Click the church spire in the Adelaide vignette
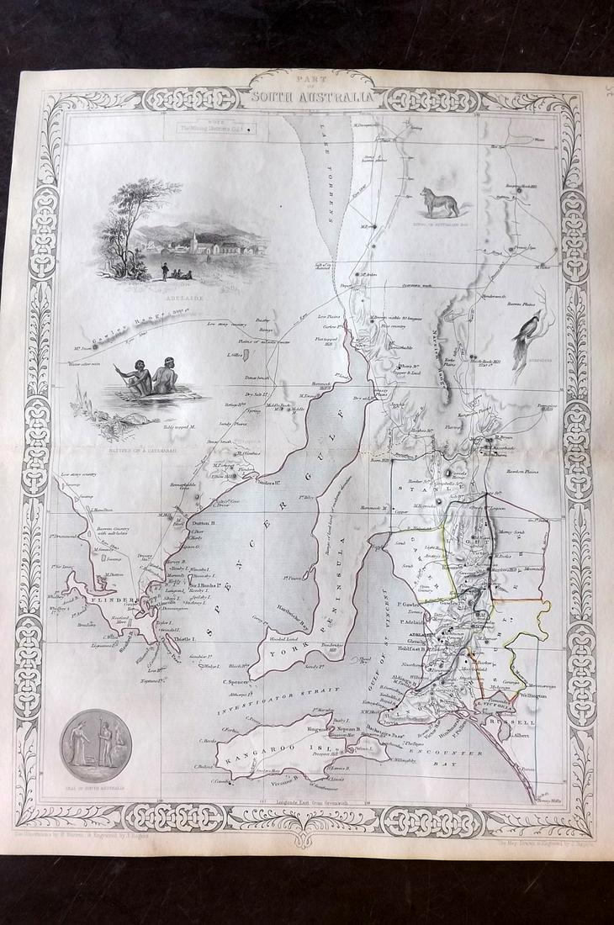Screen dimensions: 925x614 coord(193,238)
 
